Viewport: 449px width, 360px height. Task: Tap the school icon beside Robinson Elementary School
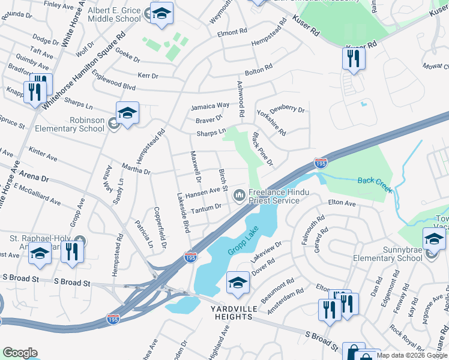(x=127, y=113)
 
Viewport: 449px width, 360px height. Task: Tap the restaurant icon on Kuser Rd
(x=353, y=59)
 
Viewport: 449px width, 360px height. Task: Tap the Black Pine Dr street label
(x=264, y=149)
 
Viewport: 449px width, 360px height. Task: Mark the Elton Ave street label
(x=342, y=205)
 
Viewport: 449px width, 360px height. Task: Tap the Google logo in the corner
(x=20, y=352)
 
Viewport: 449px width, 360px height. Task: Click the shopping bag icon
(x=354, y=352)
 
